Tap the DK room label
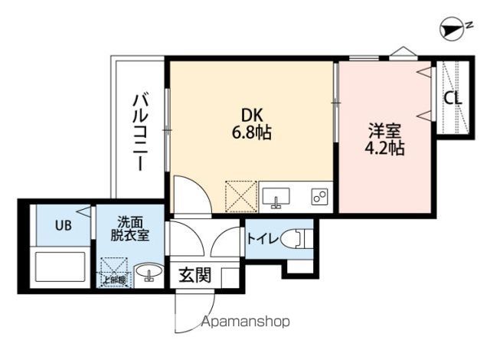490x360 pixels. (253, 115)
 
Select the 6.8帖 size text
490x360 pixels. (253, 132)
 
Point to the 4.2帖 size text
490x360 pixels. (384, 148)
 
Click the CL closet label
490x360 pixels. (452, 99)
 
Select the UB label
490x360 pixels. (62, 226)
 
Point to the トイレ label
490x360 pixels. (262, 237)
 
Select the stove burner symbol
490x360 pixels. (319, 198)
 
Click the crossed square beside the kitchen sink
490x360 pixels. (240, 195)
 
